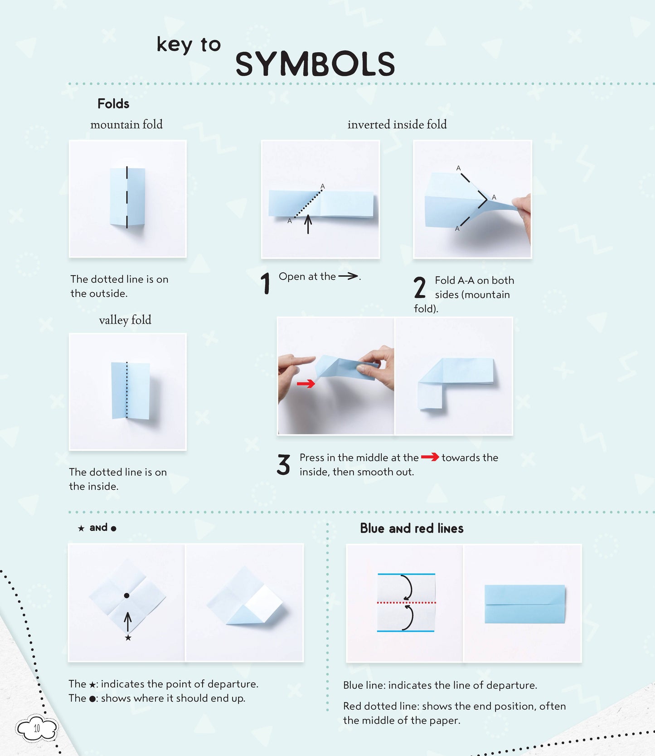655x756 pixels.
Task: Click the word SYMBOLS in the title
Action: pyautogui.click(x=315, y=64)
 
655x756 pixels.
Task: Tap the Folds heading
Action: pyautogui.click(x=113, y=104)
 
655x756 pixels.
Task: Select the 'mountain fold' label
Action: pyautogui.click(x=126, y=125)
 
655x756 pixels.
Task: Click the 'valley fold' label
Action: pyautogui.click(x=125, y=320)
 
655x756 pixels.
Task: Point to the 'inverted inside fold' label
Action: pyautogui.click(x=397, y=125)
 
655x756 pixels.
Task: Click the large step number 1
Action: pyautogui.click(x=266, y=283)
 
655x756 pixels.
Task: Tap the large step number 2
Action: pyautogui.click(x=420, y=288)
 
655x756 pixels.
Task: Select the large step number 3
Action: pyautogui.click(x=284, y=465)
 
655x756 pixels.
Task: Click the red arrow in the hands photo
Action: pyautogui.click(x=306, y=384)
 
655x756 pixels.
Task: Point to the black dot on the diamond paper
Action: pyautogui.click(x=127, y=595)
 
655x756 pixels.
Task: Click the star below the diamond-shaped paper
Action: pyautogui.click(x=128, y=638)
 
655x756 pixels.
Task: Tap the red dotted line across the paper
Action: pyautogui.click(x=406, y=603)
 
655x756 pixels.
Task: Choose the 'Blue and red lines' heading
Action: pyautogui.click(x=412, y=528)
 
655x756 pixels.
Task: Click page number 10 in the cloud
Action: pyautogui.click(x=37, y=728)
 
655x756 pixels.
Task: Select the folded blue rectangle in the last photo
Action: pyautogui.click(x=524, y=604)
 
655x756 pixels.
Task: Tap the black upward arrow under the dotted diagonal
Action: pyautogui.click(x=308, y=224)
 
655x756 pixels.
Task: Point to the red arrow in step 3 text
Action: pyautogui.click(x=430, y=457)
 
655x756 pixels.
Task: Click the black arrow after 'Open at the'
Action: pyautogui.click(x=348, y=276)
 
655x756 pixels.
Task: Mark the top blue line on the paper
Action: pyautogui.click(x=406, y=574)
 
